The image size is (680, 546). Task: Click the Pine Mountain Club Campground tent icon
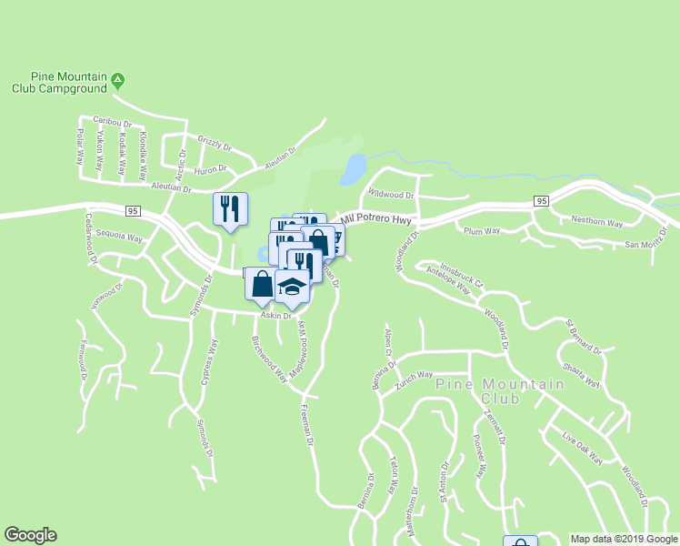click(x=117, y=82)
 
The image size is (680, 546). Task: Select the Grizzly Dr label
click(x=215, y=143)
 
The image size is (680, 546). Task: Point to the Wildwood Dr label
click(x=392, y=194)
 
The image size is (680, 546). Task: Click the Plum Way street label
click(x=482, y=231)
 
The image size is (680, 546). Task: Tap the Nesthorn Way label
click(x=596, y=221)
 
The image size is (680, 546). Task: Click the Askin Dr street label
click(x=275, y=316)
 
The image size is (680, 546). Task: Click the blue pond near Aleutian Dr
click(x=353, y=167)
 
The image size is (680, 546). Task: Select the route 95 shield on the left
click(x=132, y=210)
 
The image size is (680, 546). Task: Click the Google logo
click(x=30, y=535)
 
